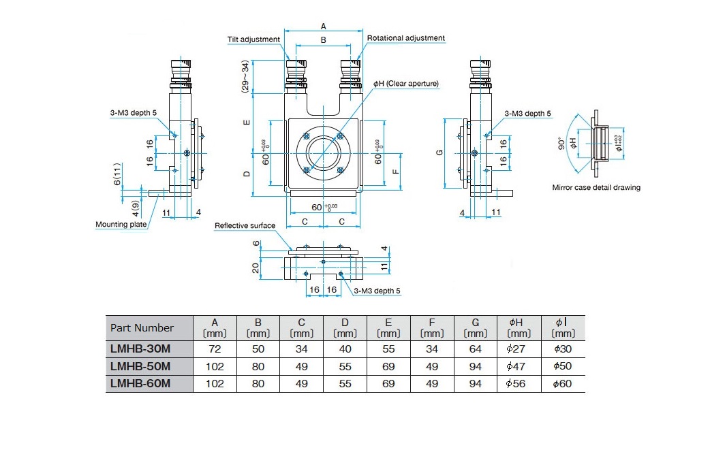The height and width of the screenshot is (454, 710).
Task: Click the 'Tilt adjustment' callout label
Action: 253,39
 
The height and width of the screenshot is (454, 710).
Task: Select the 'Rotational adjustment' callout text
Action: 405,38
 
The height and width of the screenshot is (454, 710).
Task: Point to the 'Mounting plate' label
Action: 121,225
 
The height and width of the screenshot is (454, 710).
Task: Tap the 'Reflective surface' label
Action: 245,226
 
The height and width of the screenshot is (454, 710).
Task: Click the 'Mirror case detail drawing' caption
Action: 596,187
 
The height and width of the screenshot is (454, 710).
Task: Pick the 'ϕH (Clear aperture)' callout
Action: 405,84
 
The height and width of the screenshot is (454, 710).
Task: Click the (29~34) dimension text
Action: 245,76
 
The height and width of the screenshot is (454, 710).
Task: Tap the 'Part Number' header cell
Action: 142,328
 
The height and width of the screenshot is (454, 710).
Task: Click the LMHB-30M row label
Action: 140,348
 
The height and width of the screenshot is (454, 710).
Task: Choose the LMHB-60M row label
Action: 140,383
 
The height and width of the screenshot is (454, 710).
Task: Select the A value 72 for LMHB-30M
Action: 215,349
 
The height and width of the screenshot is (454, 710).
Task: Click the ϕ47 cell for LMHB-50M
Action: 516,366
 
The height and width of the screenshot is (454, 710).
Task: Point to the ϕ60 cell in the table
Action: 562,384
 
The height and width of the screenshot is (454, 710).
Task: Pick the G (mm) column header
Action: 475,328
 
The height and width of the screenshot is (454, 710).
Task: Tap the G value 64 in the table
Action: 475,349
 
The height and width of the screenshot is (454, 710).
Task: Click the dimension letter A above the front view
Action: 323,27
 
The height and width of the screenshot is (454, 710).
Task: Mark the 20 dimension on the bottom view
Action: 256,268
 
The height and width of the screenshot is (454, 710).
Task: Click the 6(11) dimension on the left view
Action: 117,174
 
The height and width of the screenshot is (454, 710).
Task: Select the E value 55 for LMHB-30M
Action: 388,349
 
